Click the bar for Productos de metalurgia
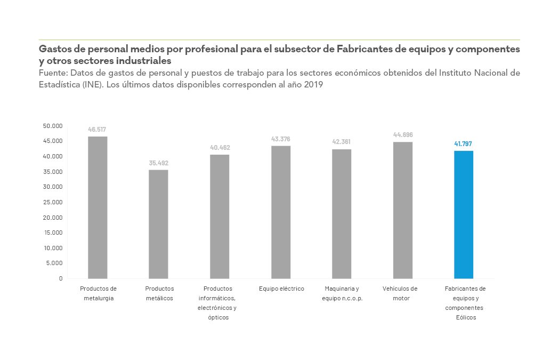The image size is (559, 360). (x=98, y=207)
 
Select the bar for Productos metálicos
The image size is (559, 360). (x=158, y=224)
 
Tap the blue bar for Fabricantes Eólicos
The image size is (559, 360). (x=463, y=214)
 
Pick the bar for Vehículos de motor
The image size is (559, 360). (x=403, y=210)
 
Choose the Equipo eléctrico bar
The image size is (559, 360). (x=281, y=212)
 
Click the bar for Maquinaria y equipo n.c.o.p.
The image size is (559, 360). (x=342, y=214)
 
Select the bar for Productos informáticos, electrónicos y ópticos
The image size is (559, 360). (x=220, y=217)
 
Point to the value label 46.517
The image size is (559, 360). (x=98, y=130)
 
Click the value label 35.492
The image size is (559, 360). (x=158, y=163)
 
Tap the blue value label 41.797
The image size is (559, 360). (x=463, y=144)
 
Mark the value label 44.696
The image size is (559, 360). (x=403, y=135)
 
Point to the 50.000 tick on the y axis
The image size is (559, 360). (x=53, y=126)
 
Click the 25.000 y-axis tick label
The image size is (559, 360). (x=53, y=202)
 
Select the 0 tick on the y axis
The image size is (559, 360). (x=61, y=278)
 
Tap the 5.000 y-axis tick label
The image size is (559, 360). (x=54, y=263)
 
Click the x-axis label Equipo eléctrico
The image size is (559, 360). (x=281, y=289)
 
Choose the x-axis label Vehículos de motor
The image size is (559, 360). (x=400, y=293)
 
